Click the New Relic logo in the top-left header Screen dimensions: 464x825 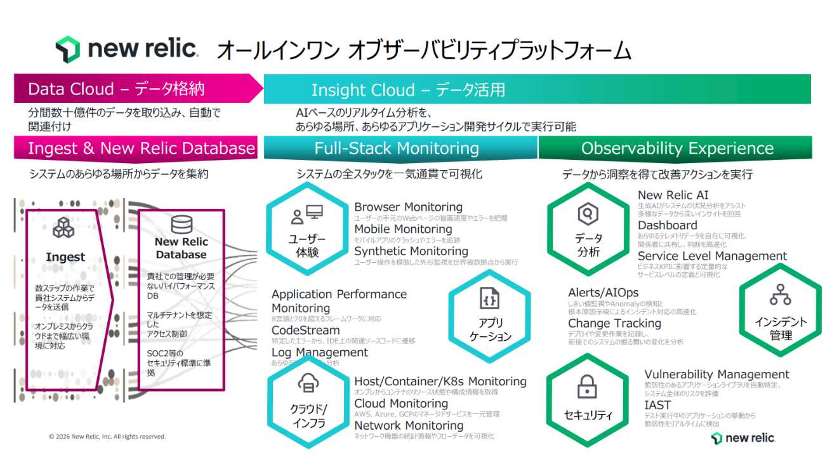click(x=126, y=49)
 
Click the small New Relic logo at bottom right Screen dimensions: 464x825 click(x=743, y=438)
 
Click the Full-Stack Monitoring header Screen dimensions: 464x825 click(x=397, y=149)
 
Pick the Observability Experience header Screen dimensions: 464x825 click(x=677, y=149)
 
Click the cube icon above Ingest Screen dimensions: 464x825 click(x=63, y=228)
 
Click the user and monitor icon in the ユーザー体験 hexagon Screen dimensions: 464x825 click(x=307, y=215)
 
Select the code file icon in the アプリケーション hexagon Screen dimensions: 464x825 click(x=489, y=298)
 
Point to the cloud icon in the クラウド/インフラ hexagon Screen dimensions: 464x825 click(x=307, y=383)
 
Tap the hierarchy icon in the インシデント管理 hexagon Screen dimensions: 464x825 click(x=780, y=295)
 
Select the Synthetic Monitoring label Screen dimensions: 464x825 click(x=411, y=251)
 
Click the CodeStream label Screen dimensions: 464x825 click(x=306, y=330)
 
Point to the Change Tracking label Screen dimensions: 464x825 click(x=614, y=323)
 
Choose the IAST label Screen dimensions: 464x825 click(x=657, y=405)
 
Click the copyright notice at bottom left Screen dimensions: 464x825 click(x=107, y=437)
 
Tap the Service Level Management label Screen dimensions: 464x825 click(x=712, y=256)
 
